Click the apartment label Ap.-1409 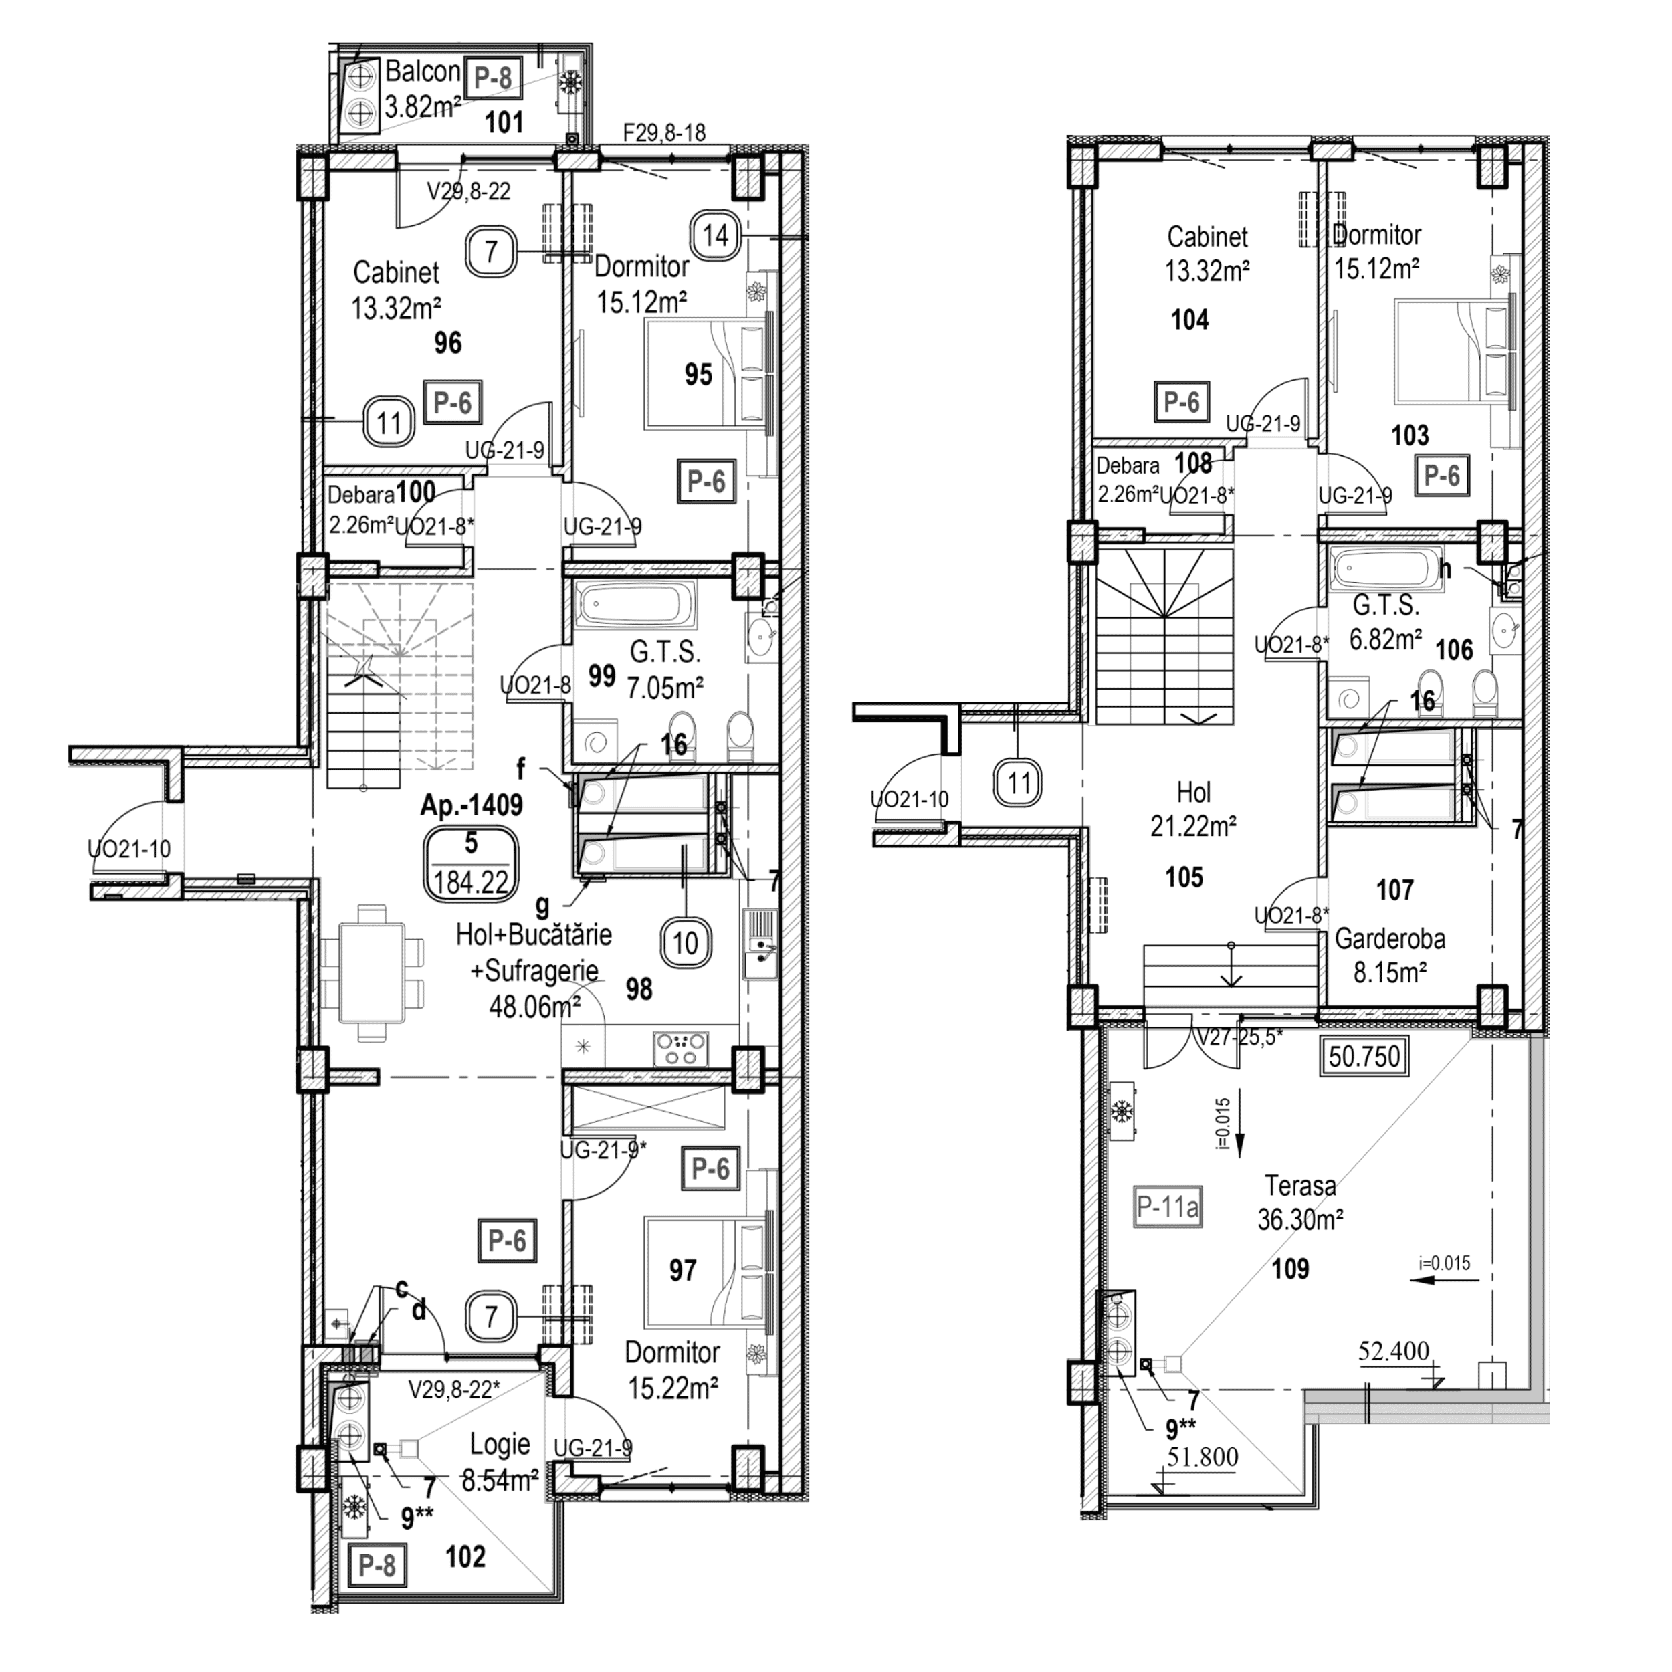click(472, 806)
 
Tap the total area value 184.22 click(471, 883)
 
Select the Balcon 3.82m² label click(421, 88)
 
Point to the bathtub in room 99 click(636, 605)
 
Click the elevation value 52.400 click(1393, 1351)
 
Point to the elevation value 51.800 click(1203, 1457)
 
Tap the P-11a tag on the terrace click(1168, 1206)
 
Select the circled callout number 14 click(716, 235)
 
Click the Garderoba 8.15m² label click(1389, 956)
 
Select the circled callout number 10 click(686, 943)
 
